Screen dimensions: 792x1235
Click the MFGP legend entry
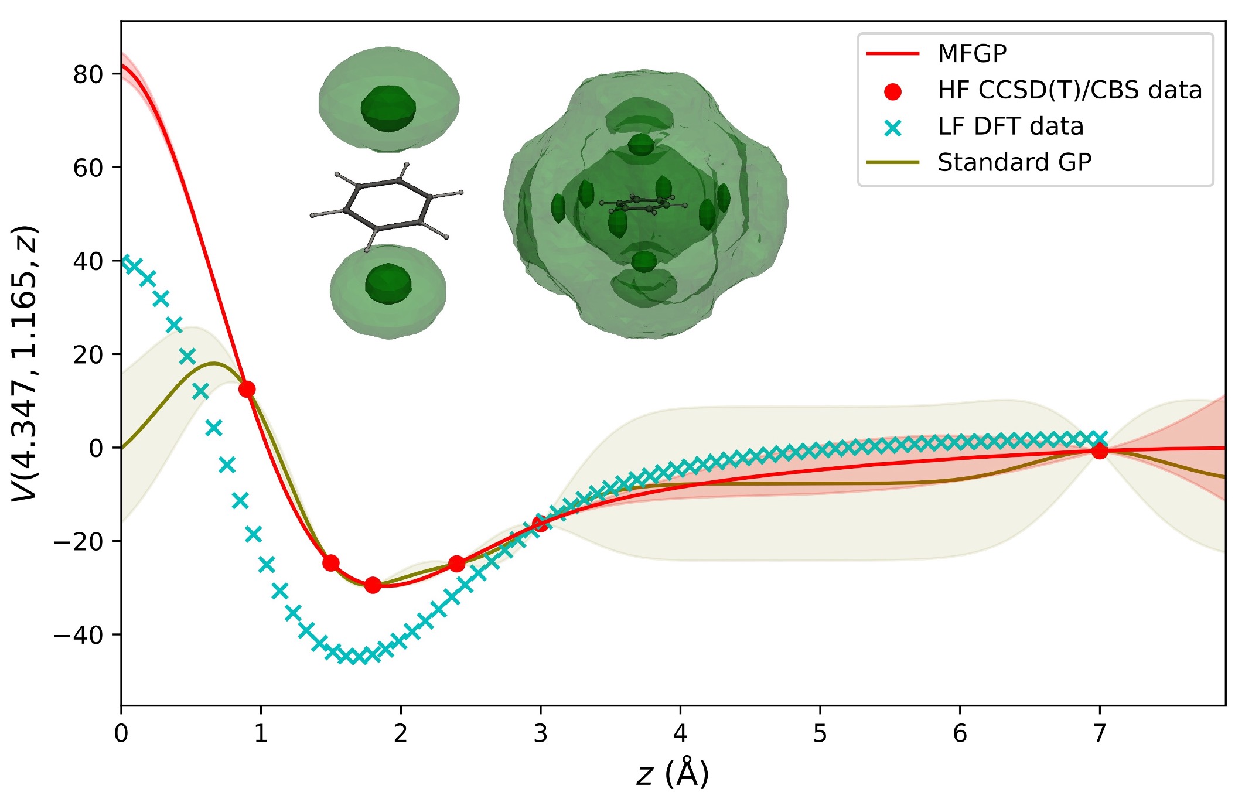tap(971, 53)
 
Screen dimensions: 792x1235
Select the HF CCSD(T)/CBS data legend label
tap(1069, 90)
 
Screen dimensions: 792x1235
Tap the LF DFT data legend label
tap(1010, 127)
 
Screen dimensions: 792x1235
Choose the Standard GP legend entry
tap(1014, 162)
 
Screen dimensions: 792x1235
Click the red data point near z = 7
tap(1100, 451)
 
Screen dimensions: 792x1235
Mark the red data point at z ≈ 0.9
tap(247, 389)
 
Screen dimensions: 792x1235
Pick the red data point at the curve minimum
tap(373, 585)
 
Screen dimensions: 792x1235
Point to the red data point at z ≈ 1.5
tap(331, 563)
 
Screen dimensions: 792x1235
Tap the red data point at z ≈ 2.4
tap(457, 564)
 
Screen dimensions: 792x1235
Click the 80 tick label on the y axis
tap(88, 75)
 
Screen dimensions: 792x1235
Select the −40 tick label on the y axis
tap(79, 635)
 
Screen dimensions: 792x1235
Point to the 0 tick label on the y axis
tap(96, 448)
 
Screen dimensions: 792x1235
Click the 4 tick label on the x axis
tap(680, 733)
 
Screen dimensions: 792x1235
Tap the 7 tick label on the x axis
tap(1100, 733)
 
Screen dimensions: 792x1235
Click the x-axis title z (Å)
tap(673, 774)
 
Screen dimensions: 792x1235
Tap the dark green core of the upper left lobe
tap(388, 108)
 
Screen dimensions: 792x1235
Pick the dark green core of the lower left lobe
tap(388, 284)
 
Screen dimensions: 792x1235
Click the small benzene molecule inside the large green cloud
tap(643, 204)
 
